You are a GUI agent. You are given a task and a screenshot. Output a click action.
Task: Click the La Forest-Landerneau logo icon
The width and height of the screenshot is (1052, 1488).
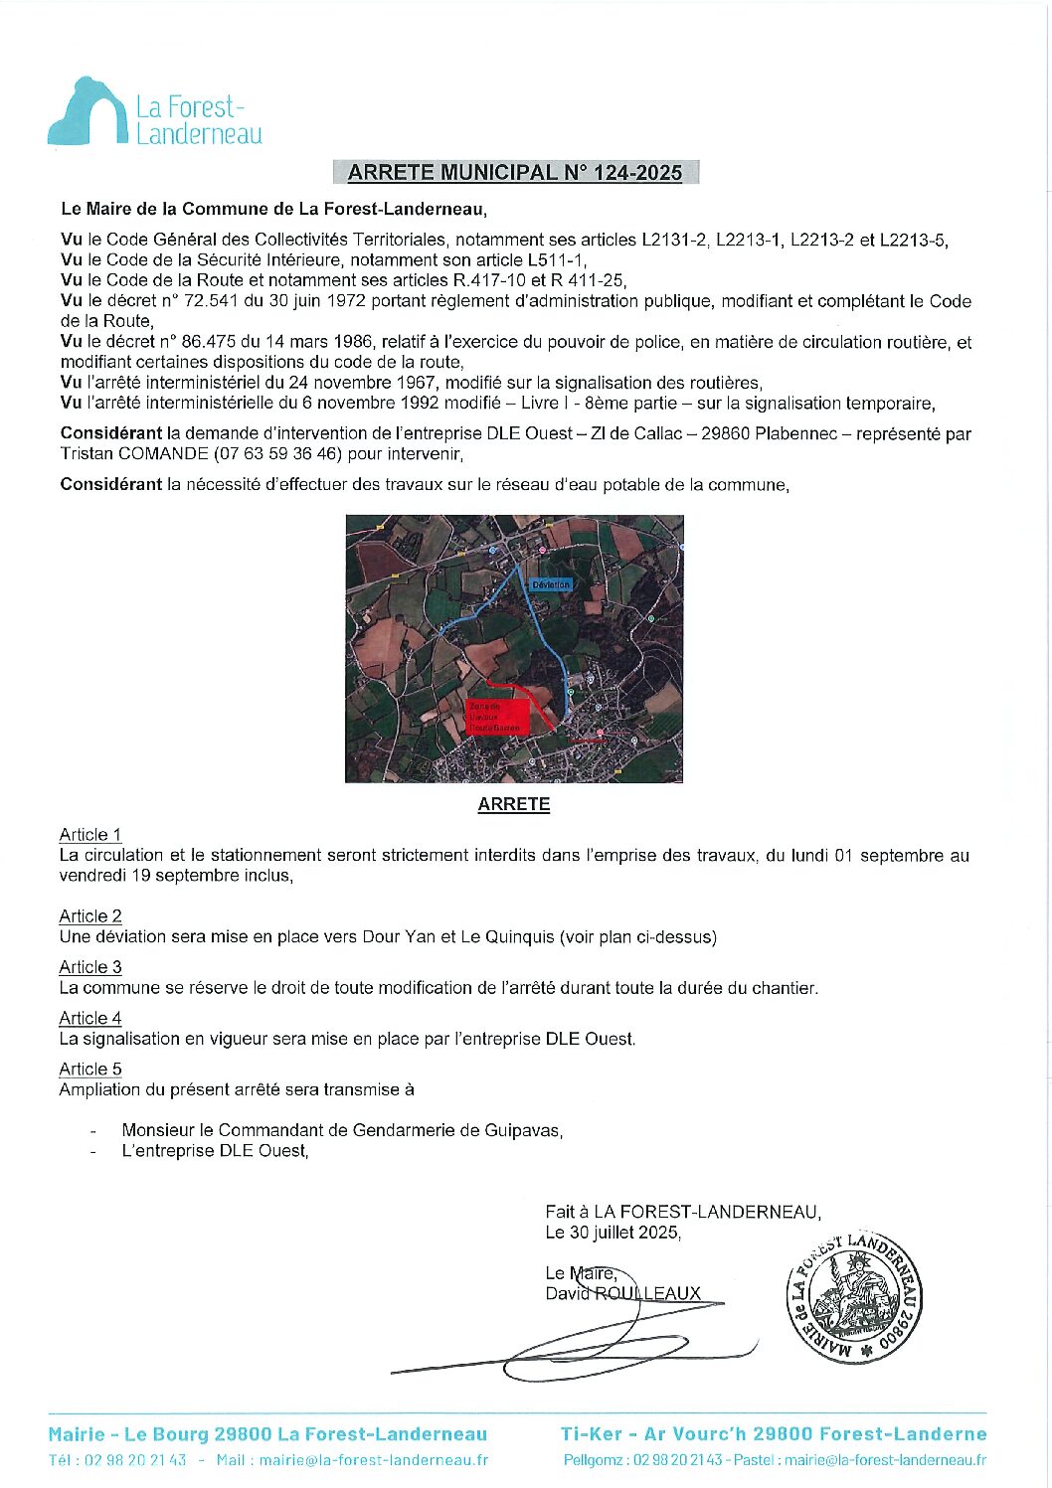[x=88, y=112]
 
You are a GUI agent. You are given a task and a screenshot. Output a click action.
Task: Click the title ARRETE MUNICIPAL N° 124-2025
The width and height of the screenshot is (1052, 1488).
[x=515, y=172]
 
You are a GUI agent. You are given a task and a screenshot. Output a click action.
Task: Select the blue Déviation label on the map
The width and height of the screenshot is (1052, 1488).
[x=550, y=584]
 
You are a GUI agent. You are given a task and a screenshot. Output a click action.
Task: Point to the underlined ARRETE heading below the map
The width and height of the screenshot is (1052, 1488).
[x=513, y=805]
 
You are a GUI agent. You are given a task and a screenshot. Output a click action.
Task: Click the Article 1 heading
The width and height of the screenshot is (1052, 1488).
[x=90, y=835]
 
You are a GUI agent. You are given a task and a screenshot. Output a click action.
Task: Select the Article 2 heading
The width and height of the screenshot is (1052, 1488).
[x=90, y=916]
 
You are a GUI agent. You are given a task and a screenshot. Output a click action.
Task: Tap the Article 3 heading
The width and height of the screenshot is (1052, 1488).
[x=90, y=967]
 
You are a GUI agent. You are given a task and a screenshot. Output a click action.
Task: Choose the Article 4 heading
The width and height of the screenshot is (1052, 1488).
[x=90, y=1018]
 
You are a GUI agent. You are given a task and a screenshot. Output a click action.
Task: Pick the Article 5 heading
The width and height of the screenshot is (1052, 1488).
[x=90, y=1070]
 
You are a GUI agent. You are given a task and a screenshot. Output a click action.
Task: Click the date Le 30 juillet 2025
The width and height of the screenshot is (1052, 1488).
[x=613, y=1233]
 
